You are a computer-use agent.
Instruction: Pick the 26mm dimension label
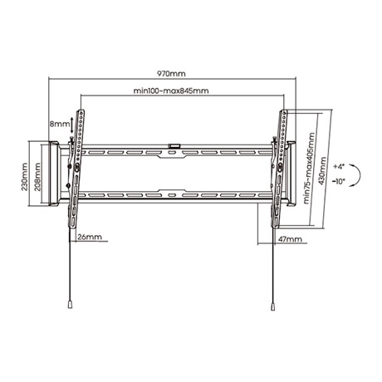coord(89,237)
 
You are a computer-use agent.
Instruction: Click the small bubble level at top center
coord(174,148)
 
